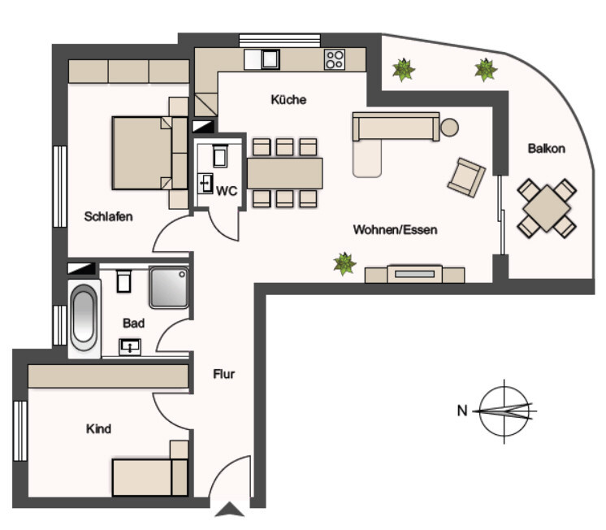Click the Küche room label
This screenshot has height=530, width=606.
click(288, 100)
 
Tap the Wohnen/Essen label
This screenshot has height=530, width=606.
click(395, 230)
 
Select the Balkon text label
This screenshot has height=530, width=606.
click(546, 149)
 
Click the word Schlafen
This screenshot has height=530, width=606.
click(108, 217)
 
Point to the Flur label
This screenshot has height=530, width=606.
click(223, 375)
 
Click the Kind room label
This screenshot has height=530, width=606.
click(98, 428)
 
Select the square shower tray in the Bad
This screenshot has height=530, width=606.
click(169, 288)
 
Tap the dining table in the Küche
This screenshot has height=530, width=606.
click(284, 172)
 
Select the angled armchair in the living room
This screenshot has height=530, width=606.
click(466, 176)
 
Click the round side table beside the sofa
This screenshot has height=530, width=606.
click(449, 127)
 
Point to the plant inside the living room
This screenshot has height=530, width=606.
click(345, 263)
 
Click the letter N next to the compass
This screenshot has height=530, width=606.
click(461, 411)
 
